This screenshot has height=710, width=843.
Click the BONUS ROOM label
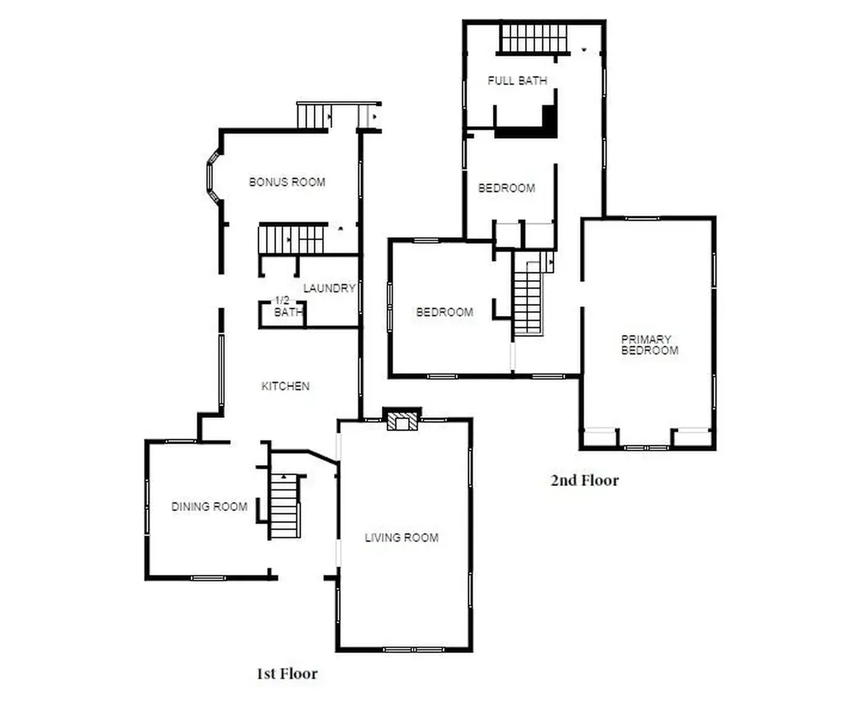pos(287,182)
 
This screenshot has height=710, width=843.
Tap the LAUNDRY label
pos(329,288)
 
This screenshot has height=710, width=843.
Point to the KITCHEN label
pos(286,386)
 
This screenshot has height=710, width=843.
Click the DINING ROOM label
pos(209,507)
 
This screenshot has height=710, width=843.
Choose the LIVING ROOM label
pos(402,537)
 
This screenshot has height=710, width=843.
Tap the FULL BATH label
pos(517,81)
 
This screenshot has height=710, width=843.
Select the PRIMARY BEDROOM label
pos(650,345)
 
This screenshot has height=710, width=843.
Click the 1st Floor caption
pos(287,674)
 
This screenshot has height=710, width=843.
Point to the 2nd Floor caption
pos(585,480)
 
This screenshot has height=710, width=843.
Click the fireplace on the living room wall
pos(402,419)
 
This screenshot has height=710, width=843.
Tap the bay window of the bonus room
pos(213,176)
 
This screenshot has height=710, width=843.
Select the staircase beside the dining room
pos(284,507)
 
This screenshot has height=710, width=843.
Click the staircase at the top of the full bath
pos(533,38)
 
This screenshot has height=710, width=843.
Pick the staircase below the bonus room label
pos(291,240)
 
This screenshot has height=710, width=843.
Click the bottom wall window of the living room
pos(413,650)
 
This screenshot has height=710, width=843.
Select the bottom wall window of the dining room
pos(208,578)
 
